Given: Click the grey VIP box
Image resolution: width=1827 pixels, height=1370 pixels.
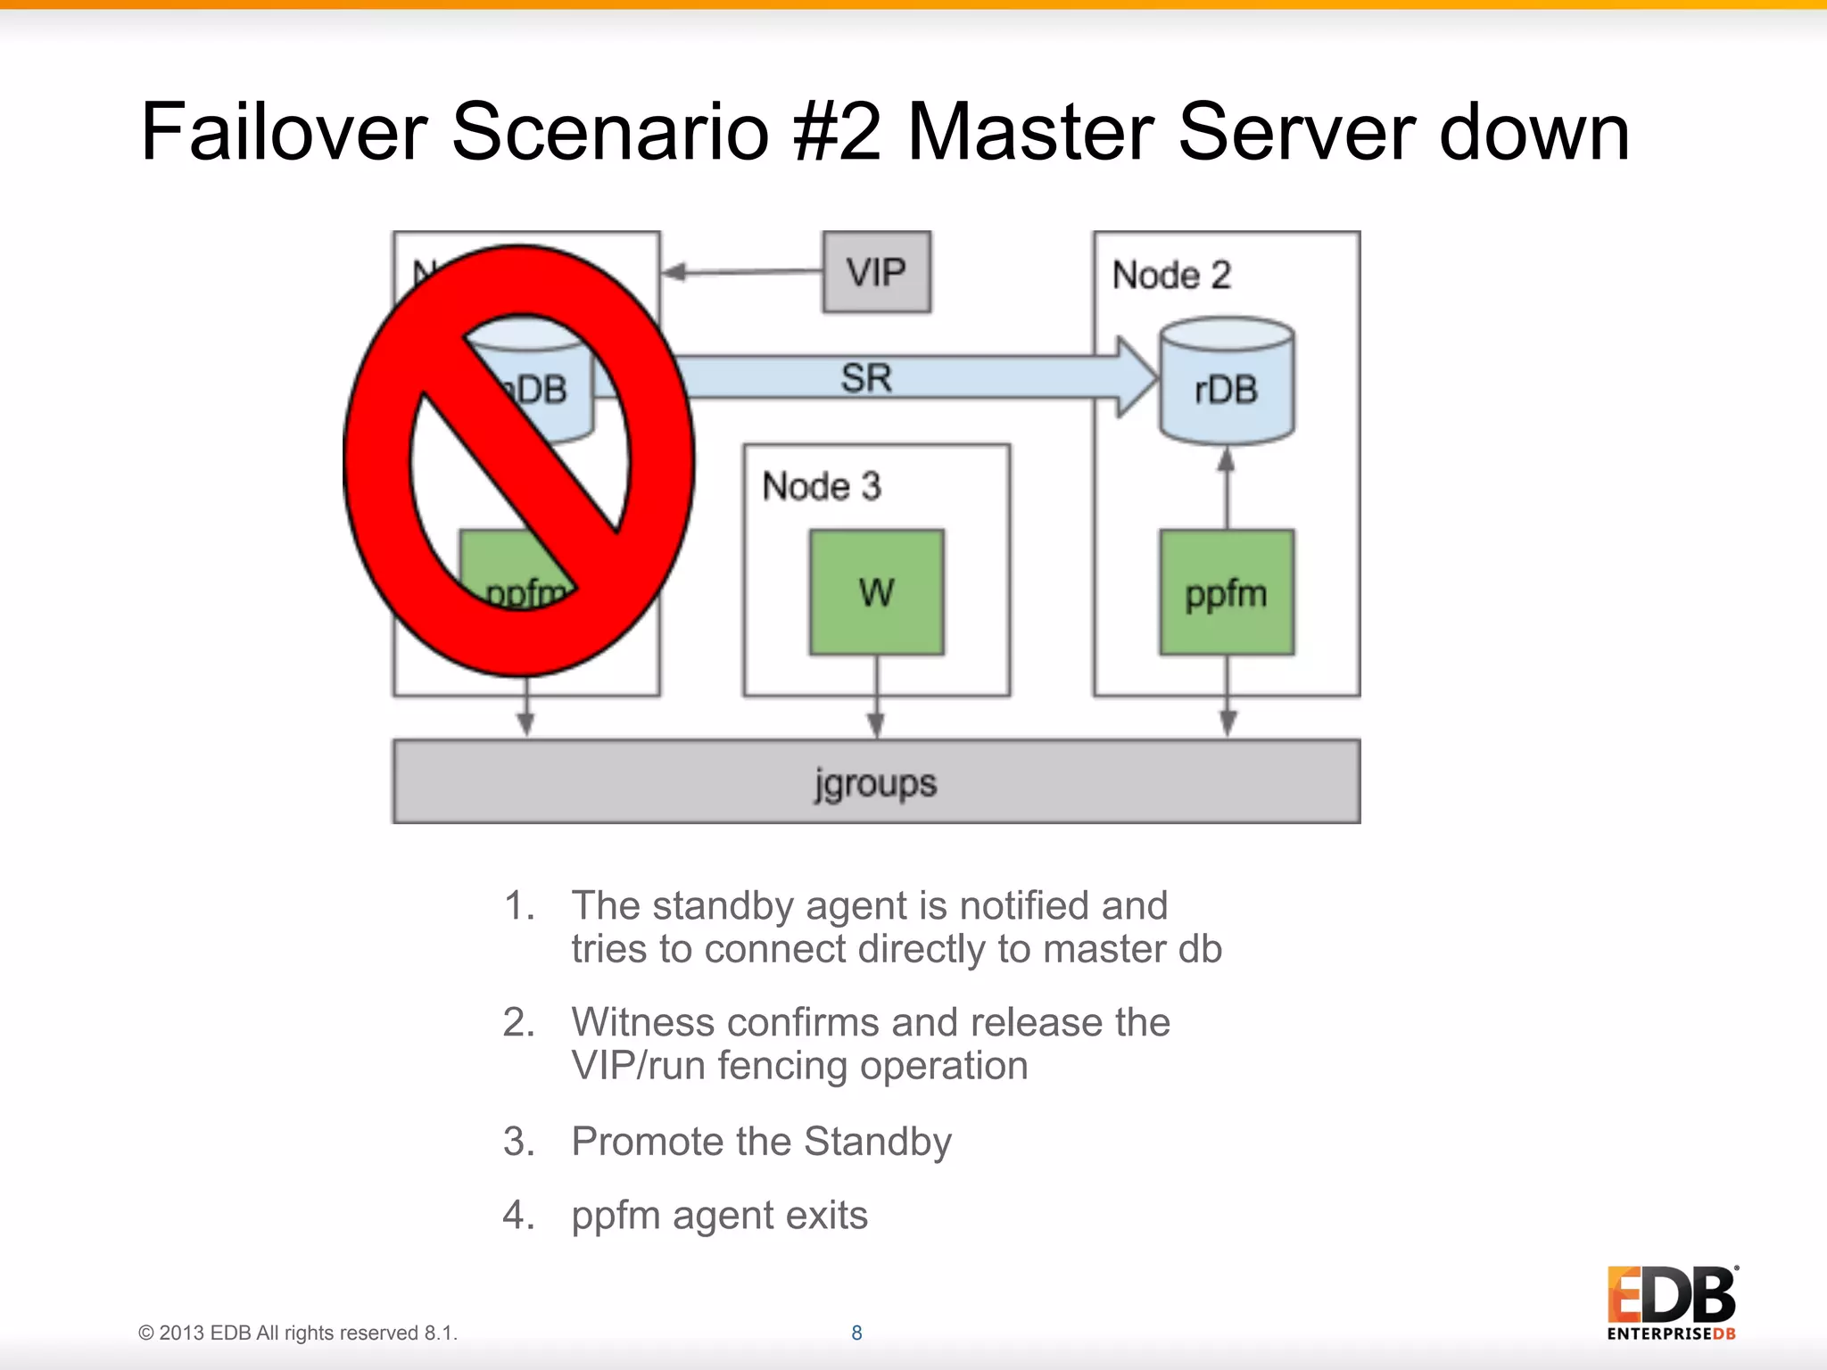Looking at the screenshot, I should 876,272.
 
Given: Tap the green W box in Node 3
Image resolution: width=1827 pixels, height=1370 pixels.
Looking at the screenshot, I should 876,592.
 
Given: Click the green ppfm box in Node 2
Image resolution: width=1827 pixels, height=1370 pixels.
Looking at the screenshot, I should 1227,592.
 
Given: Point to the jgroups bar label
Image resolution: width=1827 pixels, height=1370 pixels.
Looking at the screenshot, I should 875,783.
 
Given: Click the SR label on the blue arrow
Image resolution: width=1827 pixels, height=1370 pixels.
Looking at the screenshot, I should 865,377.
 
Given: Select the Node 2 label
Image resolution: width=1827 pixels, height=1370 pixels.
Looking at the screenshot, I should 1170,275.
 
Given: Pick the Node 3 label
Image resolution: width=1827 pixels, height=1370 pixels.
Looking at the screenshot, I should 821,487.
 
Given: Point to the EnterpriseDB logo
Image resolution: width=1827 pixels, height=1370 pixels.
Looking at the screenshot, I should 1672,1302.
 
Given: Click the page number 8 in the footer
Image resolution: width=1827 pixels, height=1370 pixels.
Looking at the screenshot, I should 856,1333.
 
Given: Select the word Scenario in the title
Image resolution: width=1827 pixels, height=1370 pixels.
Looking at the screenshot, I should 610,132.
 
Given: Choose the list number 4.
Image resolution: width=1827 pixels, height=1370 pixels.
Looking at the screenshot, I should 517,1215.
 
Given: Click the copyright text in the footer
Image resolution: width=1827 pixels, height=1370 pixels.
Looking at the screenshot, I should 297,1333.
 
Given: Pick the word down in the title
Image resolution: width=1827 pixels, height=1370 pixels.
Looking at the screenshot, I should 1534,132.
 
